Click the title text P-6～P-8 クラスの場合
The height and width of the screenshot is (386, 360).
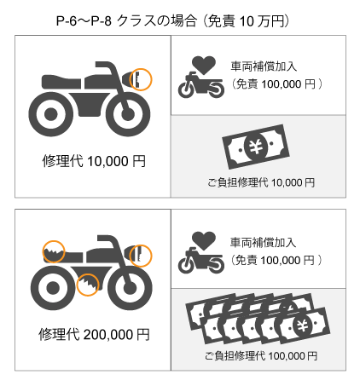pyautogui.click(x=126, y=20)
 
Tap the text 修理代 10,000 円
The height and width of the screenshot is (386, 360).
pyautogui.click(x=94, y=161)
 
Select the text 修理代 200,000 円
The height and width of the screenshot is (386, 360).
pyautogui.click(x=94, y=334)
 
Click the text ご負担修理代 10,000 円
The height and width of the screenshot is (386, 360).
pyautogui.click(x=261, y=182)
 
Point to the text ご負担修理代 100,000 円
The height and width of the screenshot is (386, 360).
pyautogui.click(x=261, y=355)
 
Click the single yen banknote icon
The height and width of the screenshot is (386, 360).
pyautogui.click(x=256, y=147)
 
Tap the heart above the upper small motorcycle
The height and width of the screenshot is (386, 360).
pyautogui.click(x=204, y=65)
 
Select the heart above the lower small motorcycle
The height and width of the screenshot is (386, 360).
pyautogui.click(x=204, y=240)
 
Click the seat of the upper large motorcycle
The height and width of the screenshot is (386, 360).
pyautogui.click(x=61, y=82)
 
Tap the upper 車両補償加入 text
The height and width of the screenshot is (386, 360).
pyautogui.click(x=264, y=66)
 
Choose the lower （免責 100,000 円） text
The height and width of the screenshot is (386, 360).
pyautogui.click(x=276, y=260)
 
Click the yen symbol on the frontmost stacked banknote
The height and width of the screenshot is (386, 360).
pyautogui.click(x=303, y=326)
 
